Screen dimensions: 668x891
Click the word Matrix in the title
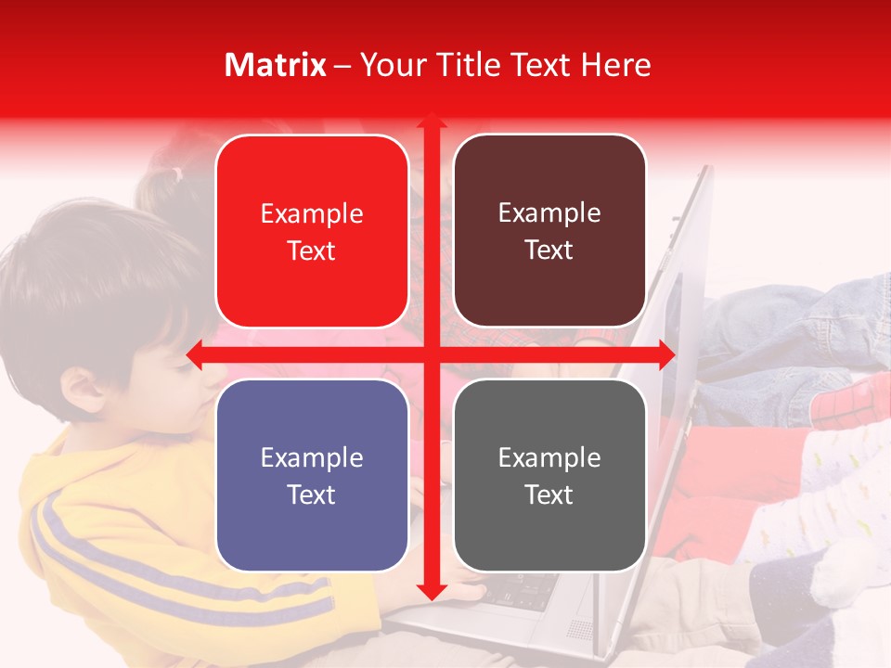click(x=276, y=65)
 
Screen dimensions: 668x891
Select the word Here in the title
click(x=616, y=65)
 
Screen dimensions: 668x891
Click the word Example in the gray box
click(x=549, y=457)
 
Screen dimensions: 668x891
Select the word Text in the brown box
click(x=549, y=250)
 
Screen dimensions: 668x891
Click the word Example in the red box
click(x=312, y=214)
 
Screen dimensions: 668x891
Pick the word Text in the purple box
click(x=312, y=495)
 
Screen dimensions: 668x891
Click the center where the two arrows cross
click(x=431, y=354)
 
